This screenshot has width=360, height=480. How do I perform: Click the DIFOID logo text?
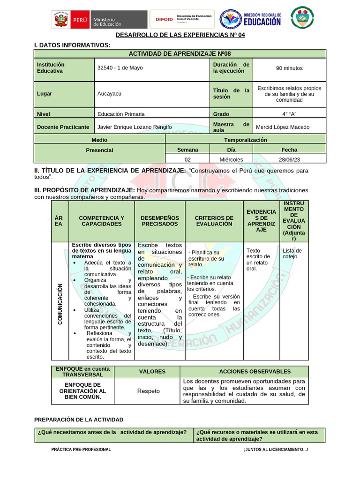click(164, 20)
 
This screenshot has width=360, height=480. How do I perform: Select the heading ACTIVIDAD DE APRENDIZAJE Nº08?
click(180, 53)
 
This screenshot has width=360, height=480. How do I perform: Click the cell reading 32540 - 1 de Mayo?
click(120, 68)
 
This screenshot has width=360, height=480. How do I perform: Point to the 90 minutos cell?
click(289, 68)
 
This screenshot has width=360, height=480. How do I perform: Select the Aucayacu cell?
click(109, 94)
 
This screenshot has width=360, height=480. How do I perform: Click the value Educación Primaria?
click(121, 114)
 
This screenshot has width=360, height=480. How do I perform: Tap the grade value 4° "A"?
click(289, 114)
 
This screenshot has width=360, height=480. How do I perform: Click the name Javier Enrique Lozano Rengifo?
click(134, 127)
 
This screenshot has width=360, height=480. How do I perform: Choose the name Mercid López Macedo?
click(283, 127)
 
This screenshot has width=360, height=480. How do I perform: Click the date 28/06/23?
click(289, 159)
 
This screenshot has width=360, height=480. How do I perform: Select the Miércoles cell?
click(231, 159)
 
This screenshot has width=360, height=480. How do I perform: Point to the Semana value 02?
click(187, 159)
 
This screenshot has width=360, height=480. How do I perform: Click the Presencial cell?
click(99, 150)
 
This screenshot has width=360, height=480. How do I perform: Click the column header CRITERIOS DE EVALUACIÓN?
click(214, 221)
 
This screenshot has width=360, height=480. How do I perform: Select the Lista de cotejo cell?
click(292, 254)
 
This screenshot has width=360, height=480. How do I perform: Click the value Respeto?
click(148, 391)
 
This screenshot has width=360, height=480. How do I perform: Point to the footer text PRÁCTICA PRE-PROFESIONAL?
click(81, 450)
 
